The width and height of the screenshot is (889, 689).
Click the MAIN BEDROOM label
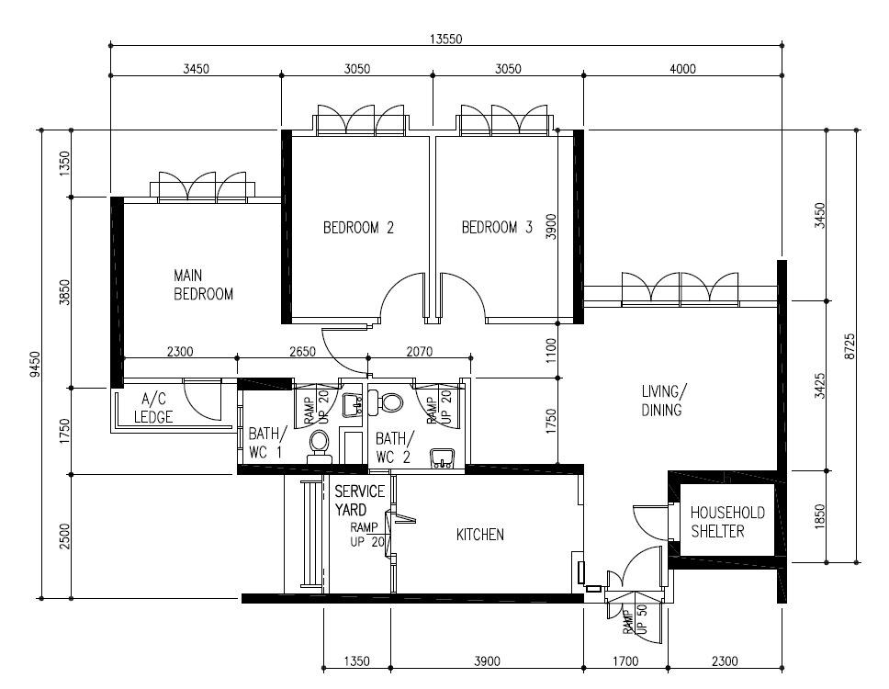coord(203,285)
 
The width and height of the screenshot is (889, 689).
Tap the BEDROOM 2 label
coord(358,228)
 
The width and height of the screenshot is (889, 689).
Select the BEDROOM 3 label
coord(497,228)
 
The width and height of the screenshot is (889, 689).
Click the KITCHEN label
coord(479,534)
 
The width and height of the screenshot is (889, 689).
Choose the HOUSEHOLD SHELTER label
coord(727,522)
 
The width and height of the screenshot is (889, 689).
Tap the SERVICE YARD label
coord(359,500)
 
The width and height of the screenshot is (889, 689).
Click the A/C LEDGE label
coord(153,408)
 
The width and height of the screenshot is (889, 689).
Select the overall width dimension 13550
coord(445,40)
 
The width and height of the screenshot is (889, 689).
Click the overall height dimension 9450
coord(35,364)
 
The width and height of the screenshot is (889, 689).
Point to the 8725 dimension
coord(850,346)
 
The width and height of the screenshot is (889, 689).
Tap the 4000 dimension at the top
coord(682,69)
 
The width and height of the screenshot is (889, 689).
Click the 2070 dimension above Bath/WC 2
coord(420,352)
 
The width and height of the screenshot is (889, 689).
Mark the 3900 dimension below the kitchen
coord(487,661)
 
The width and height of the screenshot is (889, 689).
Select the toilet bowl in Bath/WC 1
coord(320,446)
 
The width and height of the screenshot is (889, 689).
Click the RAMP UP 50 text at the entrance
coord(635,619)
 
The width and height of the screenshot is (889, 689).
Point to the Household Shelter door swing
coord(646,521)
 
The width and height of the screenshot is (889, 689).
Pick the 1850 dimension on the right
coord(818,516)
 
